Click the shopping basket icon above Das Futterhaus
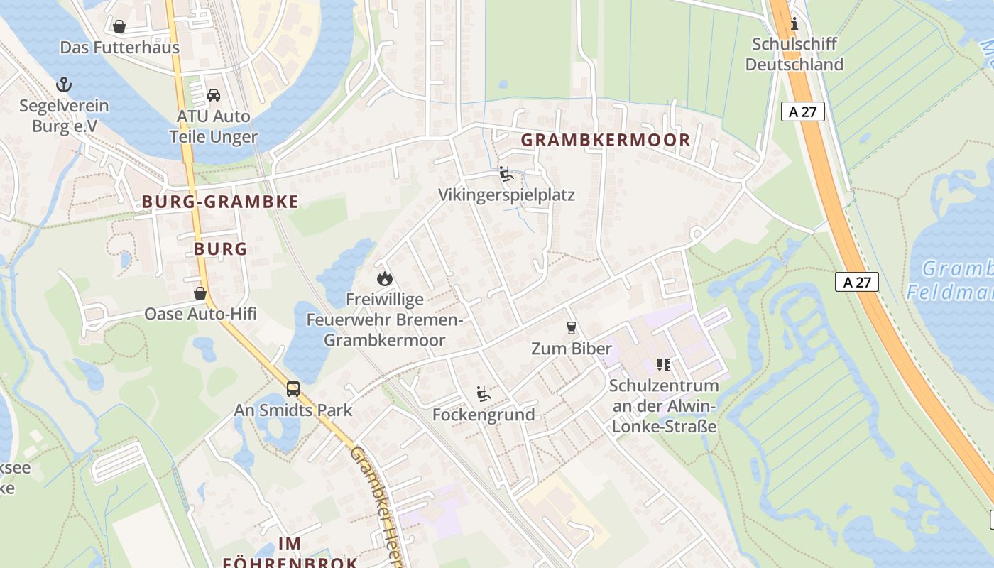coord(119,27)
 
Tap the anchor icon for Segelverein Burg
coord(64,85)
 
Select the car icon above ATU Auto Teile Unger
coord(213,95)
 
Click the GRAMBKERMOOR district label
coord(606,140)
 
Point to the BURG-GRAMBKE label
coord(220,202)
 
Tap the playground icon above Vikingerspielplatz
coord(506,174)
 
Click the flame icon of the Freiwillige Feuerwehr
coord(385,278)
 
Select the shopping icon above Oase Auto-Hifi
coord(200,293)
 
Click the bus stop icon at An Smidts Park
coord(293,389)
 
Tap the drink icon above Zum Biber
coord(571,328)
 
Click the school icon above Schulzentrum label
coord(664,365)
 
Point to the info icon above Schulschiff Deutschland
coord(794,24)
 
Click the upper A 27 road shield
coord(802,111)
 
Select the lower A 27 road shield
coord(857,282)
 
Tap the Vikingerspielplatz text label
coord(506,195)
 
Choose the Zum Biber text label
coord(572,349)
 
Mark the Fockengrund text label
coord(484,415)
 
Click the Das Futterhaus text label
coord(119,48)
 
